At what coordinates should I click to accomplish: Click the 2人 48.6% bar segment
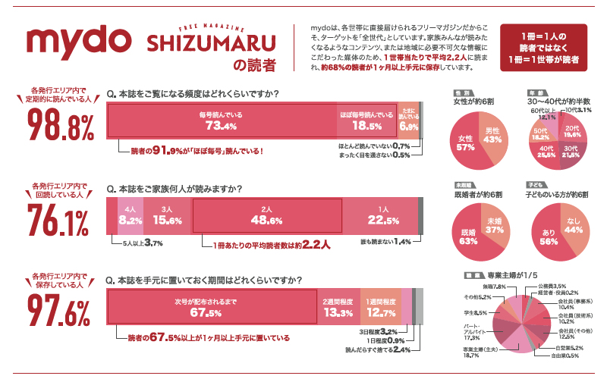(x=266, y=215)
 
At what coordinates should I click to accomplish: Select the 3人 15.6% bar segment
(x=166, y=215)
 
